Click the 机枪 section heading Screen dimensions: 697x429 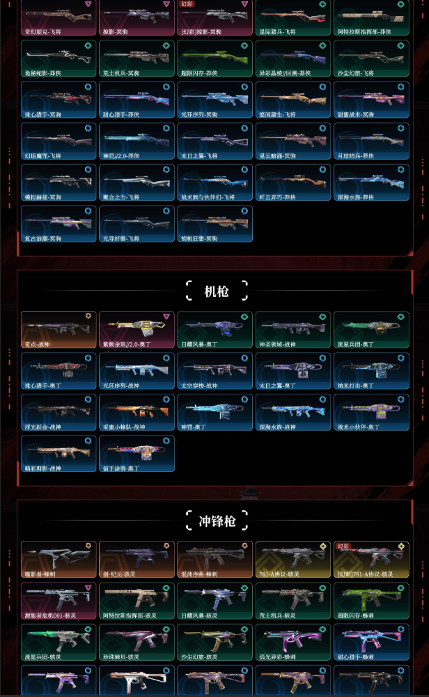pyautogui.click(x=217, y=290)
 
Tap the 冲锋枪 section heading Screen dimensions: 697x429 pyautogui.click(x=217, y=520)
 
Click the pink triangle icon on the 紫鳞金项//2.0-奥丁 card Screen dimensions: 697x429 pyautogui.click(x=166, y=316)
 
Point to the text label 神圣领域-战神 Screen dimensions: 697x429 pyautogui.click(x=276, y=344)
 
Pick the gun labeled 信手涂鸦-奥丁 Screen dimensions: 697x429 pyautogui.click(x=136, y=451)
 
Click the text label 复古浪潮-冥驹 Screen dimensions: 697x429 pyautogui.click(x=42, y=238)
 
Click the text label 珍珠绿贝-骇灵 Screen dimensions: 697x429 pyautogui.click(x=122, y=657)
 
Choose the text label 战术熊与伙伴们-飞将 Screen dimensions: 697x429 pyautogui.click(x=208, y=197)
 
